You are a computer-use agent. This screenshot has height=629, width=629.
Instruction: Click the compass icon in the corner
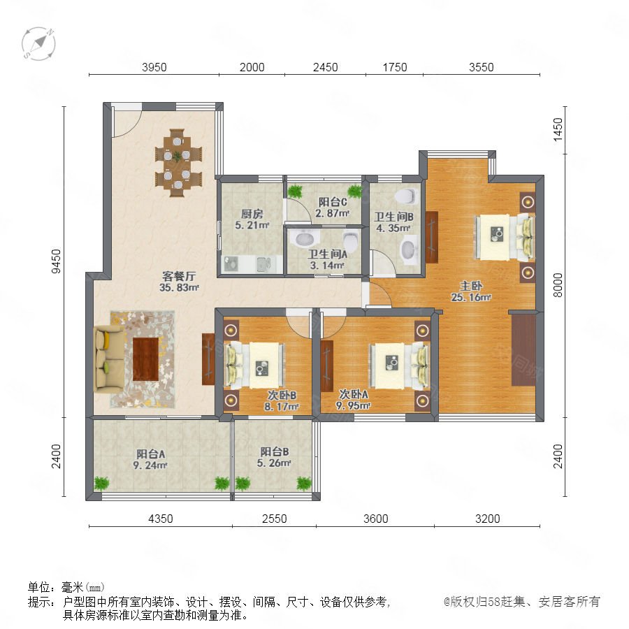pos(38,44)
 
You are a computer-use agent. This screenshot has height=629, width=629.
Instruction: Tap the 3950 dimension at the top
pos(154,67)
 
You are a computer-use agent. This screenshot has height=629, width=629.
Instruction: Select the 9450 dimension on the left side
pos(57,261)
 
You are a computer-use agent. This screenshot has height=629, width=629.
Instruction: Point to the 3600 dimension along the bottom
pos(375,519)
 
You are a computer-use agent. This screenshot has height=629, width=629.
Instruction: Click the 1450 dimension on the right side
pos(558,130)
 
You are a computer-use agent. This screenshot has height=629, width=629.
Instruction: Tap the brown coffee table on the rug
pos(145,359)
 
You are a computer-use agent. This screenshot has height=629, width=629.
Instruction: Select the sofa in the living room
pos(109,359)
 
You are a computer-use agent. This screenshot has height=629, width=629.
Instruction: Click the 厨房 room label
pos(252,214)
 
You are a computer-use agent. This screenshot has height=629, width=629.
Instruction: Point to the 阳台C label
pos(333,202)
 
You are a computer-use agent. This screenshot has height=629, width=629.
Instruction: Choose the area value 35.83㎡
pos(179,287)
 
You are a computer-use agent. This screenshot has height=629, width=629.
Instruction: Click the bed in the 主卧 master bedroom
pos(505,237)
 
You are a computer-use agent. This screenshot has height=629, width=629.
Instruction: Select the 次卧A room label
pos(354,394)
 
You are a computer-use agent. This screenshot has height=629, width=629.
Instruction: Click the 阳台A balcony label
pos(150,454)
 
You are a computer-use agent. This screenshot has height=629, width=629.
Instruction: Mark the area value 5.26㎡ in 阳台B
pos(274,463)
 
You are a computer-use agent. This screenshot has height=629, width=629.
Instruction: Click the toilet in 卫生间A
pos(351,239)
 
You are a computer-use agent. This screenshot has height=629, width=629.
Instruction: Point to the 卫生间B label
pos(393,217)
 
